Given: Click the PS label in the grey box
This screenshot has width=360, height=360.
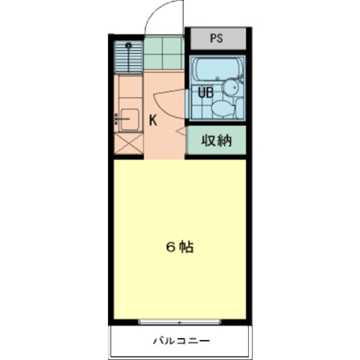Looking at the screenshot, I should click(217, 39).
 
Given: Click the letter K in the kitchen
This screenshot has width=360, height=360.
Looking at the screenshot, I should click(152, 119).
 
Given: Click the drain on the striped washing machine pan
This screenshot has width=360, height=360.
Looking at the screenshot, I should click(129, 45).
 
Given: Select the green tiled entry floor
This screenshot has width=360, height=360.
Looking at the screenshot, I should click(164, 52).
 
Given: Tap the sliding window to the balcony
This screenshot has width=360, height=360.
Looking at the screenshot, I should click(179, 322).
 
